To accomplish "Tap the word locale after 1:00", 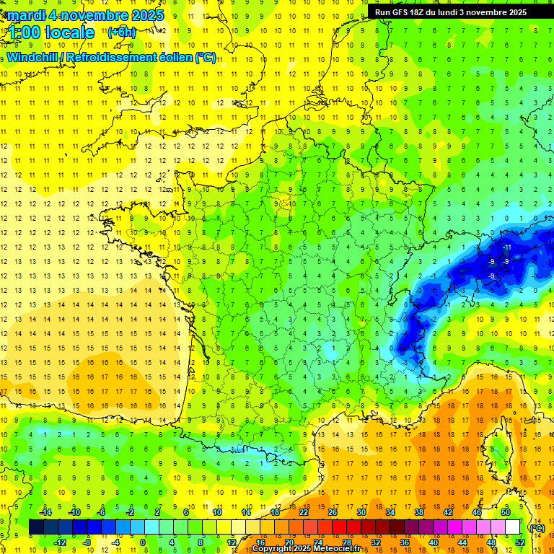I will pyautogui.click(x=69, y=32).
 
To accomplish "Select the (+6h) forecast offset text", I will pyautogui.click(x=120, y=32).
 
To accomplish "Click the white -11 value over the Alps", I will pyautogui.click(x=506, y=247).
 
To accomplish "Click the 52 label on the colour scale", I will pyautogui.click(x=520, y=542).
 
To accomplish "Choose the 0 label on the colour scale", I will pyautogui.click(x=142, y=542).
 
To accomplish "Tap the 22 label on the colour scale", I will pyautogui.click(x=304, y=512).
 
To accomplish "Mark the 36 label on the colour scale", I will pyautogui.click(x=405, y=542).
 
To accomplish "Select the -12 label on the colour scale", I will pyautogui.click(x=60, y=542).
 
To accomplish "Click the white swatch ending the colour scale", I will pyautogui.click(x=512, y=527).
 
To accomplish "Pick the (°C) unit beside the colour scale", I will pyautogui.click(x=537, y=528).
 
